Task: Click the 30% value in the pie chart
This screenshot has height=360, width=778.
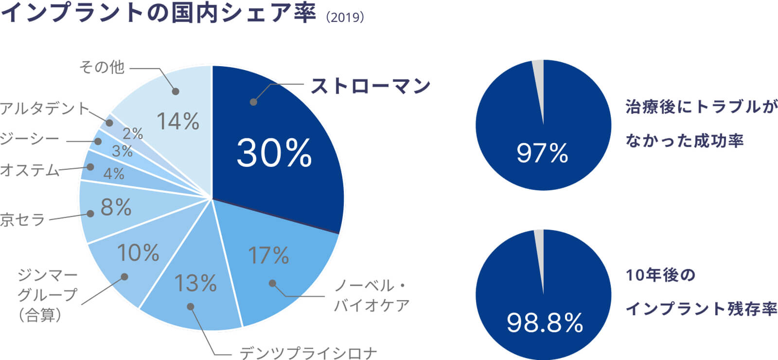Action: [274, 153]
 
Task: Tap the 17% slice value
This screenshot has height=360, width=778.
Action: [268, 255]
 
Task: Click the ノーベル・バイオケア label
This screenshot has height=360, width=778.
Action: [371, 295]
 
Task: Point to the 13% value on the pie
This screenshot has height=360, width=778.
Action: [195, 283]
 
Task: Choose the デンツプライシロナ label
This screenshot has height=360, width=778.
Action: [308, 353]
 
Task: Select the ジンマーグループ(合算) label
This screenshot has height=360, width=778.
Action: [47, 295]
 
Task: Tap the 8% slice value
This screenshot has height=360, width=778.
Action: [116, 208]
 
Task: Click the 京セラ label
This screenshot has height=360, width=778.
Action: [22, 220]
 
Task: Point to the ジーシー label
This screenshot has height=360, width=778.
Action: [29, 140]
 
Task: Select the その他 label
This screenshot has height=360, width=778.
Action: [102, 67]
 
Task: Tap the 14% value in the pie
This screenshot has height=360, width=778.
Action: [178, 122]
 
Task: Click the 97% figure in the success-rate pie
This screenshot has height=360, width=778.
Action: [542, 153]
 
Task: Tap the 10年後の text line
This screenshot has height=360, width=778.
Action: [660, 275]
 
